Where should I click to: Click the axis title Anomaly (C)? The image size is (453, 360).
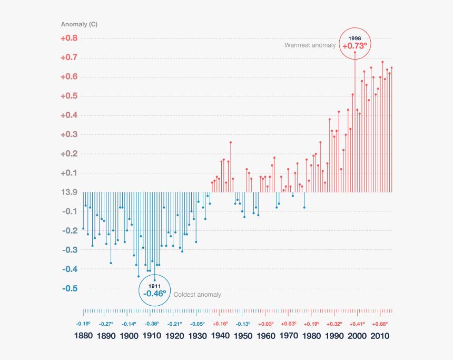(79, 25)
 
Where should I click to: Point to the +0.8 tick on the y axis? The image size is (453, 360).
(68, 38)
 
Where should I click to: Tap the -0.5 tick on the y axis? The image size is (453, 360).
(68, 288)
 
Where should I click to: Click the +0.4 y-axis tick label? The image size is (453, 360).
(68, 115)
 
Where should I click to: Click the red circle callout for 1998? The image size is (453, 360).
(354, 43)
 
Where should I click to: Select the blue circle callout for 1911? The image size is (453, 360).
(154, 290)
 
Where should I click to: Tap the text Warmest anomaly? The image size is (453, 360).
(310, 45)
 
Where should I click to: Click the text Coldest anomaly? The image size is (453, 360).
(197, 295)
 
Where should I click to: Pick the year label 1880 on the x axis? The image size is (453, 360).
(84, 336)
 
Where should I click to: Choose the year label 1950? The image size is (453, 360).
(243, 336)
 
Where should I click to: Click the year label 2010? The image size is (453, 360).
(379, 336)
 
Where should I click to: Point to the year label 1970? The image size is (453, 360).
(289, 336)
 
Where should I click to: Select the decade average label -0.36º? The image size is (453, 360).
(152, 324)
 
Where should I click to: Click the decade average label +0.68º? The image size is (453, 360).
(380, 324)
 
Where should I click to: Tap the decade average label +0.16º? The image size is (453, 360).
(220, 324)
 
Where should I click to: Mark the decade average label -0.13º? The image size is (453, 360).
(243, 324)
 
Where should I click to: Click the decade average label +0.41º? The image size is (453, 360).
(357, 324)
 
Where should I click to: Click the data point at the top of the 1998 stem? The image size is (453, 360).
(354, 52)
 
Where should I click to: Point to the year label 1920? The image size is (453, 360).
(174, 336)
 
